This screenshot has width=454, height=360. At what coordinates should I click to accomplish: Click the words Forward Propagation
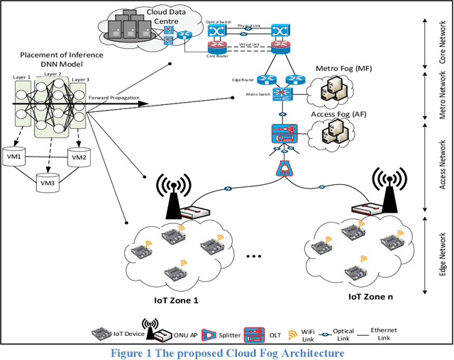pyautogui.click(x=113, y=99)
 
